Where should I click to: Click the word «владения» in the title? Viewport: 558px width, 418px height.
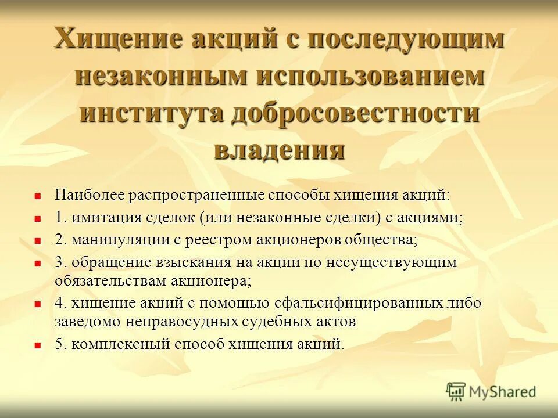tap(279, 149)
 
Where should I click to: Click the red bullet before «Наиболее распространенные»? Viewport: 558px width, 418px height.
tap(38, 196)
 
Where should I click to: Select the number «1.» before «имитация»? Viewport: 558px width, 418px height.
tap(62, 218)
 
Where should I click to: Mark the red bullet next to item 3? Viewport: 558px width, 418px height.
tap(38, 264)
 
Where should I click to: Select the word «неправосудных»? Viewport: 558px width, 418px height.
tap(181, 321)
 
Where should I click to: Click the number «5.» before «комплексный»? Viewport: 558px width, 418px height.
tap(62, 344)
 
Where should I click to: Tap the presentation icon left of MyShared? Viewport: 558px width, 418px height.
tap(456, 391)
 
